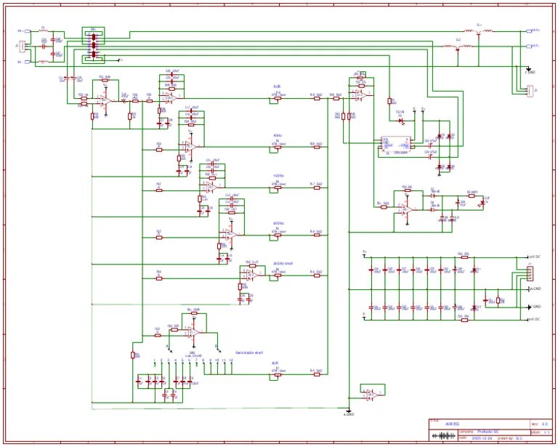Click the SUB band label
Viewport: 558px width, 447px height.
tap(267, 86)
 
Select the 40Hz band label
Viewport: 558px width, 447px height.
tap(278, 135)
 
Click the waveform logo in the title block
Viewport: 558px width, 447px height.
tap(442, 436)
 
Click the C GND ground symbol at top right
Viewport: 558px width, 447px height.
tap(529, 71)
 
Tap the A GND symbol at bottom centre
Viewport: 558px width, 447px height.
tap(348, 413)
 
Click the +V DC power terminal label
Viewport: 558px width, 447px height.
tap(534, 257)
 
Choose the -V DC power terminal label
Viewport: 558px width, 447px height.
tap(534, 320)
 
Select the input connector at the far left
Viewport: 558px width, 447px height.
tap(23, 47)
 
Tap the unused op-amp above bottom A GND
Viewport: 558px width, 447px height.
tap(370, 392)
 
